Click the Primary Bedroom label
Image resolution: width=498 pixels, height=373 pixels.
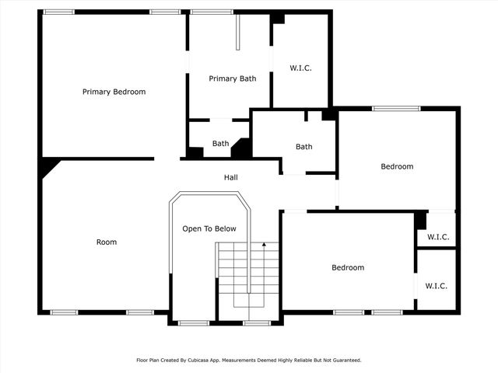pyautogui.click(x=114, y=92)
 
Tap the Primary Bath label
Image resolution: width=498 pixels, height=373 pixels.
pyautogui.click(x=232, y=78)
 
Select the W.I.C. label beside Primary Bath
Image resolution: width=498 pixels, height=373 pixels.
pyautogui.click(x=300, y=68)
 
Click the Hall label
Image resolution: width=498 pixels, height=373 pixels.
pyautogui.click(x=231, y=177)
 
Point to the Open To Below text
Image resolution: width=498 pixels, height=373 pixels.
pyautogui.click(x=209, y=228)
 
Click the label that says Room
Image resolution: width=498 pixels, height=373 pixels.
pyautogui.click(x=107, y=242)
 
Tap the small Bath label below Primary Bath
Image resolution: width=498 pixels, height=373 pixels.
pyautogui.click(x=221, y=143)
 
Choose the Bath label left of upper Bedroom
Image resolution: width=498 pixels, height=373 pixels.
pyautogui.click(x=303, y=146)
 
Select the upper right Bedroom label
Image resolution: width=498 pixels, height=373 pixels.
pyautogui.click(x=397, y=166)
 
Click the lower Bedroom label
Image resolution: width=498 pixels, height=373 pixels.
pyautogui.click(x=348, y=267)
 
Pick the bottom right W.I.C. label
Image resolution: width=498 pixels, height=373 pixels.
pyautogui.click(x=436, y=286)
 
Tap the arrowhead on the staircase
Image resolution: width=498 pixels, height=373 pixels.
pyautogui.click(x=264, y=245)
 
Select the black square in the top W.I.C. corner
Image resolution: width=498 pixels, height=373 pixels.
pyautogui.click(x=278, y=19)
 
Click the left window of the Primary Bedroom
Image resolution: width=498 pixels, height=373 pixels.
pyautogui.click(x=59, y=12)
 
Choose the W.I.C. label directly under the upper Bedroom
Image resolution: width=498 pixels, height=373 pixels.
pyautogui.click(x=436, y=237)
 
